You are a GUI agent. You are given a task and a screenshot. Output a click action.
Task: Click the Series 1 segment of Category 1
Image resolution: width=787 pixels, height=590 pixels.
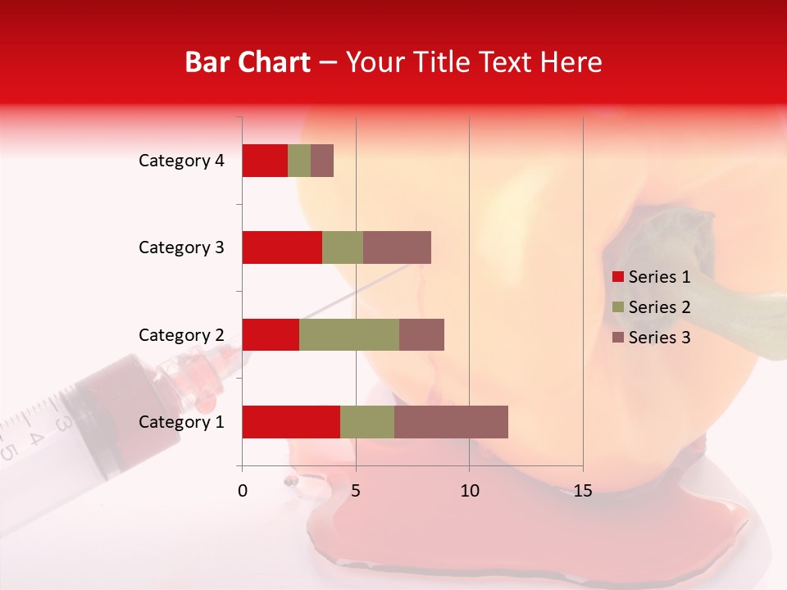tap(291, 422)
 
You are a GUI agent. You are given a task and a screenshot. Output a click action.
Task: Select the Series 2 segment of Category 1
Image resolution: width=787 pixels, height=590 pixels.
tap(367, 422)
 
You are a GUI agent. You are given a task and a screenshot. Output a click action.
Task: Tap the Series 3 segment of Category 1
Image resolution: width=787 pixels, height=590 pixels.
tap(451, 422)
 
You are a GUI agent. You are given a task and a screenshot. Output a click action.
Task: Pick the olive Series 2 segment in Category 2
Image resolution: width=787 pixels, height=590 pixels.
tap(349, 334)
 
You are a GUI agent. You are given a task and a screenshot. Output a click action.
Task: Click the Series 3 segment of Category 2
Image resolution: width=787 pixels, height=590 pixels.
tap(421, 334)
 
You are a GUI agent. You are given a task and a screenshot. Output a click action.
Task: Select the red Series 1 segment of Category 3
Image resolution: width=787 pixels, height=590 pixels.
tap(282, 247)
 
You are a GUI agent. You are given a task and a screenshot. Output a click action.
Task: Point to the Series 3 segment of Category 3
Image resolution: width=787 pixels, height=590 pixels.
tap(397, 247)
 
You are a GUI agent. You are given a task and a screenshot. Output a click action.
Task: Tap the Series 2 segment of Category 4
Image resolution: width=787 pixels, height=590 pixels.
tap(299, 161)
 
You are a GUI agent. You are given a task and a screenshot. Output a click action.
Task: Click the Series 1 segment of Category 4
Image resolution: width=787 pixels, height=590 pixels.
tap(265, 161)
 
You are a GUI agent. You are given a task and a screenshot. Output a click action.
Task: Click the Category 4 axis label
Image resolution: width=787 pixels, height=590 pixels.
tap(181, 161)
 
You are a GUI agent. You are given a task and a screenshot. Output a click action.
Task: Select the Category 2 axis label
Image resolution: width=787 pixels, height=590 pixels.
tap(181, 334)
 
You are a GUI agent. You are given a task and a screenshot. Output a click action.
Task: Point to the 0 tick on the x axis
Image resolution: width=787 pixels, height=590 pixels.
tap(243, 491)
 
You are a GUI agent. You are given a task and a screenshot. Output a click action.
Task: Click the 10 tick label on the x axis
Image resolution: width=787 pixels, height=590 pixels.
tap(469, 491)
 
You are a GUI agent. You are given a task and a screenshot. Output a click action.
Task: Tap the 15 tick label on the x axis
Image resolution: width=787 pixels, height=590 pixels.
tap(583, 491)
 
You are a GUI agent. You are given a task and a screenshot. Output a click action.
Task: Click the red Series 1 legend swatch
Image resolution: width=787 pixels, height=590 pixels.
tap(618, 277)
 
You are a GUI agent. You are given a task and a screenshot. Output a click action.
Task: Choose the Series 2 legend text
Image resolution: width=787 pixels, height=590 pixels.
tap(659, 307)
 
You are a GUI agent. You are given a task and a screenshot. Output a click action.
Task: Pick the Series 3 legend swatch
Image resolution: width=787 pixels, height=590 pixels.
tap(618, 338)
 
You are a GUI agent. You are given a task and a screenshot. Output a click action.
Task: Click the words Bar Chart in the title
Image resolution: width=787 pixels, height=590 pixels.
tap(248, 62)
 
